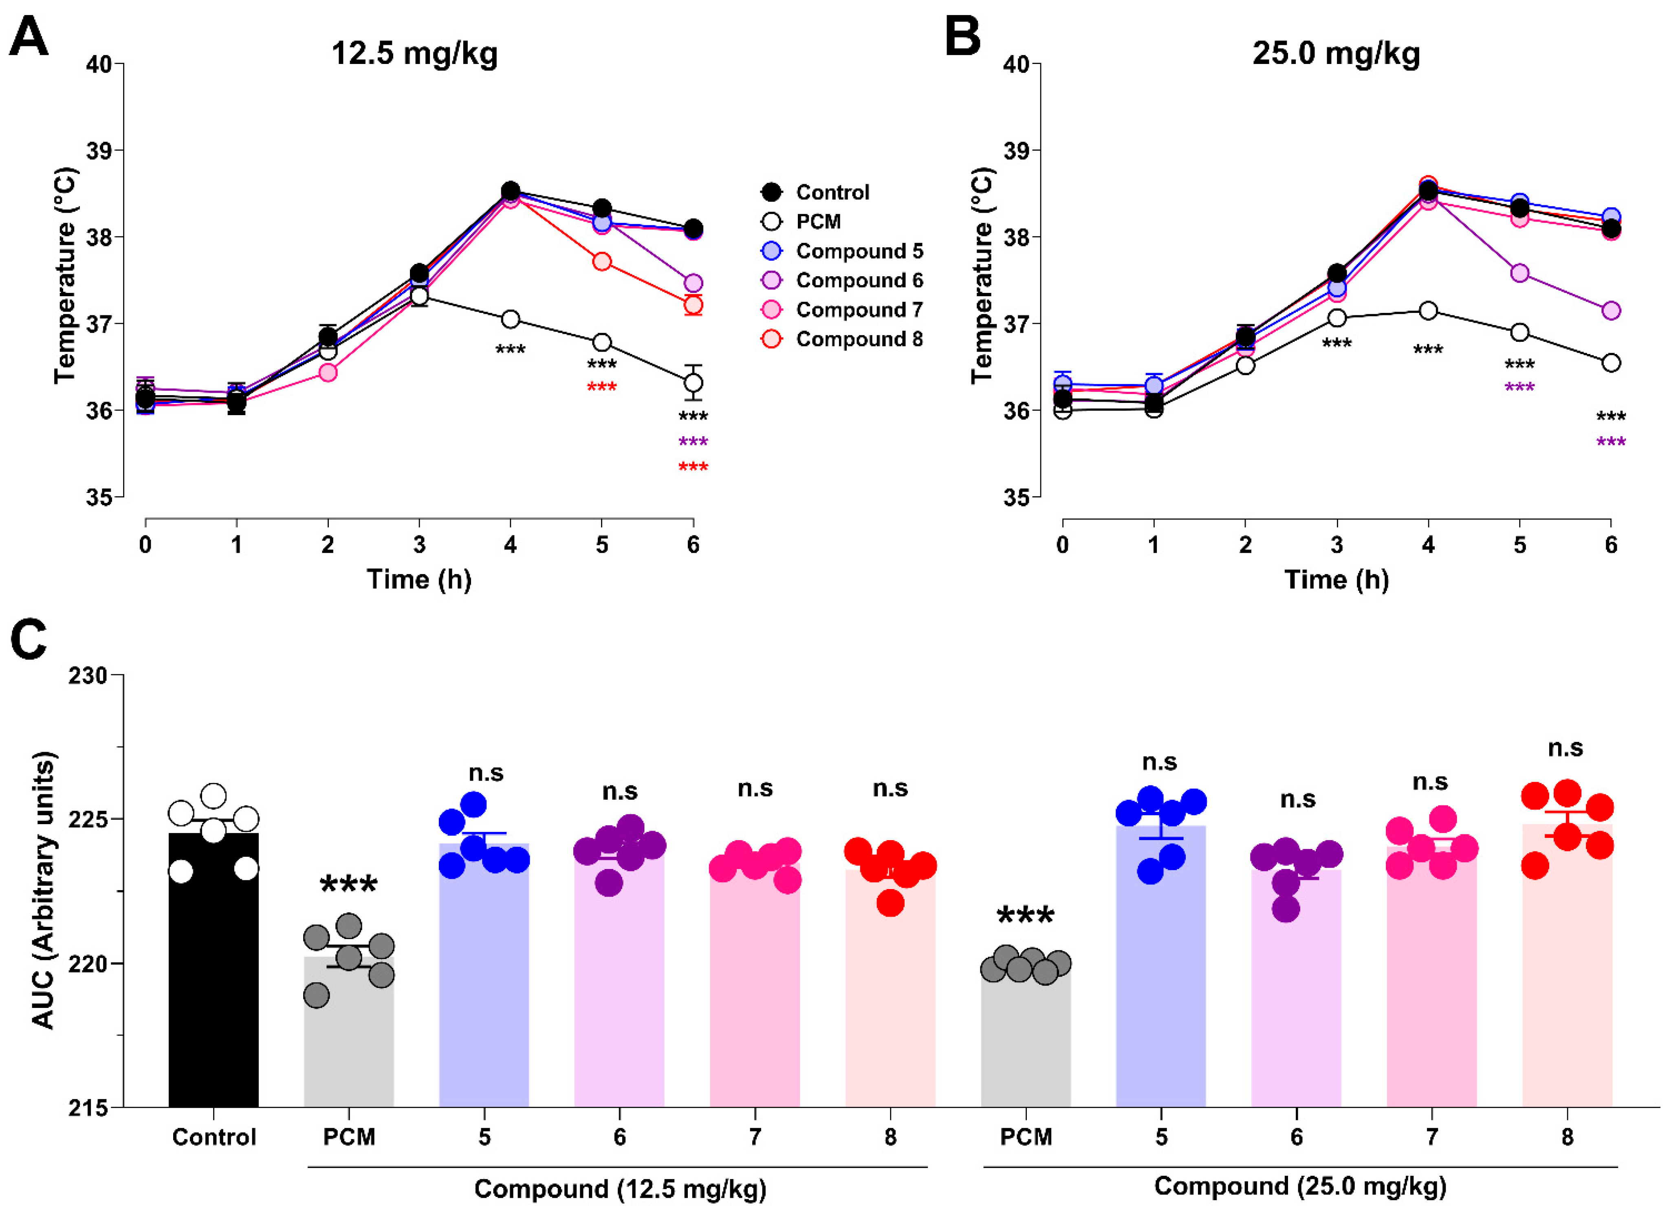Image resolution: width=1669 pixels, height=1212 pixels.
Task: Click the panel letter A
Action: tap(29, 37)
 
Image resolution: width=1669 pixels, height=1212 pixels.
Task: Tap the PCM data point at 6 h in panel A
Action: tap(693, 383)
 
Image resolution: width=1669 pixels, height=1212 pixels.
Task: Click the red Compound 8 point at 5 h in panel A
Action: tap(602, 261)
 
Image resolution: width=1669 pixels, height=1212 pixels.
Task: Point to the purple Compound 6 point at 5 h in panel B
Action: tap(1519, 273)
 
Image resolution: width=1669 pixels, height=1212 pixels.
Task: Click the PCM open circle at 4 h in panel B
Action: tap(1428, 310)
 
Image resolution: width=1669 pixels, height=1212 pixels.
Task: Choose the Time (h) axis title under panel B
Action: tap(1337, 580)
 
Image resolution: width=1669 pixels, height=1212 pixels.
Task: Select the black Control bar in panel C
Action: tap(214, 970)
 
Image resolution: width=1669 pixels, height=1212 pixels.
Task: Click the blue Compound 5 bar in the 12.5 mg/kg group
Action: tap(484, 975)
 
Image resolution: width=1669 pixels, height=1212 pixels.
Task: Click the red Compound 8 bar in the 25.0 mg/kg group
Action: tap(1568, 966)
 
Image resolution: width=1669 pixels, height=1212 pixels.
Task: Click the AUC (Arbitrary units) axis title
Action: tap(43, 891)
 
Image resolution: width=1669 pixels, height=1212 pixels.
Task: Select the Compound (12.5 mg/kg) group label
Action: tap(620, 1188)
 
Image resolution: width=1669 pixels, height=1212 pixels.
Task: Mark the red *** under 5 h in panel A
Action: tap(602, 387)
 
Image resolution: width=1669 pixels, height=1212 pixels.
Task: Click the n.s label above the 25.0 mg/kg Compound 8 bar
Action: tap(1565, 748)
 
